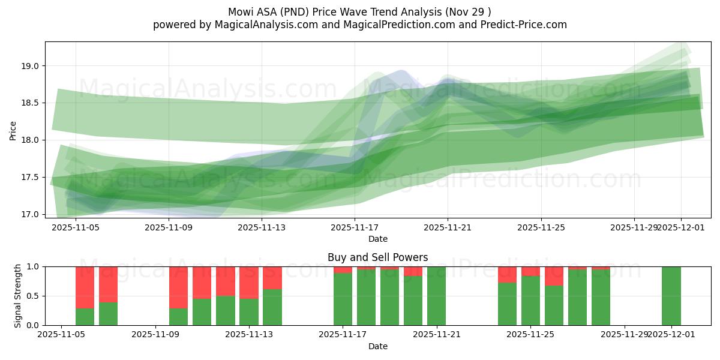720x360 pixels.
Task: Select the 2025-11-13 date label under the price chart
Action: click(x=262, y=228)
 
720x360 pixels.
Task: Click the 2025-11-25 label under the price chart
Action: click(x=541, y=228)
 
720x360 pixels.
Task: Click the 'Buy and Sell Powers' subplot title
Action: click(x=377, y=257)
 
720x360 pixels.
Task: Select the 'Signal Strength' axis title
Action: click(x=17, y=295)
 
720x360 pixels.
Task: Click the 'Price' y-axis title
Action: click(x=13, y=130)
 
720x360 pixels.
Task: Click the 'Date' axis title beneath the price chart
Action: click(x=377, y=239)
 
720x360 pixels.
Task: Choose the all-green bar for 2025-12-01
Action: click(x=671, y=296)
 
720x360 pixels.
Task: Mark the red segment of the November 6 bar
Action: click(x=85, y=287)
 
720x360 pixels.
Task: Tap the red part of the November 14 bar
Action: click(x=272, y=277)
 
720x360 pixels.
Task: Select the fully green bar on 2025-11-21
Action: click(x=437, y=296)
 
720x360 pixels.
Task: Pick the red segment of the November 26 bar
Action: click(x=554, y=276)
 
